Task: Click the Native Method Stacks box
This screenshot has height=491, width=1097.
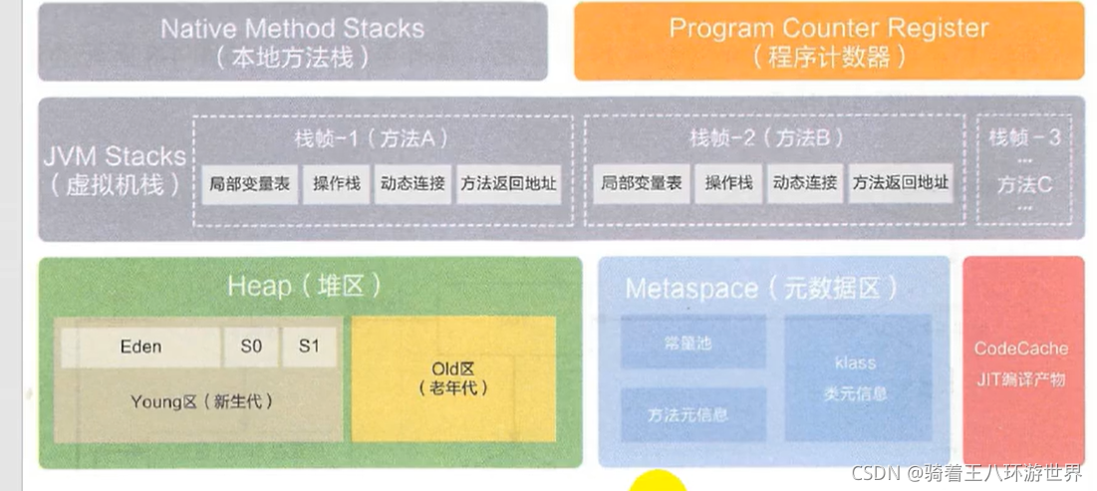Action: click(x=292, y=41)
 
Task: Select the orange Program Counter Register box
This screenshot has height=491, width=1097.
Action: click(x=828, y=41)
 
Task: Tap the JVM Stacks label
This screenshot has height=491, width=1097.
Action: click(x=115, y=169)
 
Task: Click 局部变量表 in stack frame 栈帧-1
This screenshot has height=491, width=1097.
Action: click(x=250, y=184)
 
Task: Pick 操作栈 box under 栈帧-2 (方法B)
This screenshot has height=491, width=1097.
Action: click(x=727, y=184)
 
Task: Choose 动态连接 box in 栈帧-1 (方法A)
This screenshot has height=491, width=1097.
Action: click(x=412, y=184)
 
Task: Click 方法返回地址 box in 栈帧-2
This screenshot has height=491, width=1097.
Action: click(x=901, y=184)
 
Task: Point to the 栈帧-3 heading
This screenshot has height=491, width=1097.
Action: click(x=1023, y=136)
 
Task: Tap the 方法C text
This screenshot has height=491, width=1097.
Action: click(x=1023, y=184)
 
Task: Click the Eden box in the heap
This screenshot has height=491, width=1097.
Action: click(x=140, y=347)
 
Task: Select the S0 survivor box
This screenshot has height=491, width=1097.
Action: click(x=251, y=347)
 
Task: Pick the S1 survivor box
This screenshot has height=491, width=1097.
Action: click(x=309, y=347)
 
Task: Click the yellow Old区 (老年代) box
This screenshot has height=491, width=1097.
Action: click(x=453, y=378)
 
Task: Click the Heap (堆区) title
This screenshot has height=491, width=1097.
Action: click(x=304, y=287)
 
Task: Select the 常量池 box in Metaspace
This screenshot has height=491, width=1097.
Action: click(x=692, y=343)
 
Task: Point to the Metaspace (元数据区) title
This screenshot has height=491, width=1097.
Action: click(x=761, y=289)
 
